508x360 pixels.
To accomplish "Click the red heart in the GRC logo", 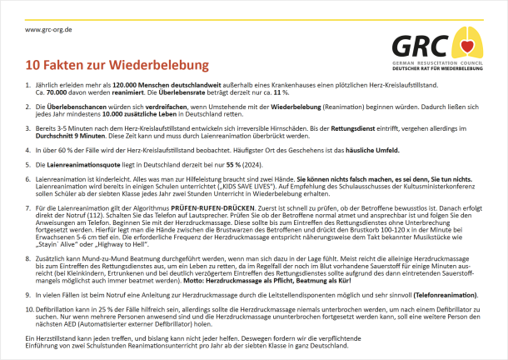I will point(469,42).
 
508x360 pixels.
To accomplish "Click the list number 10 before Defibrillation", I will point(29,308).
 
